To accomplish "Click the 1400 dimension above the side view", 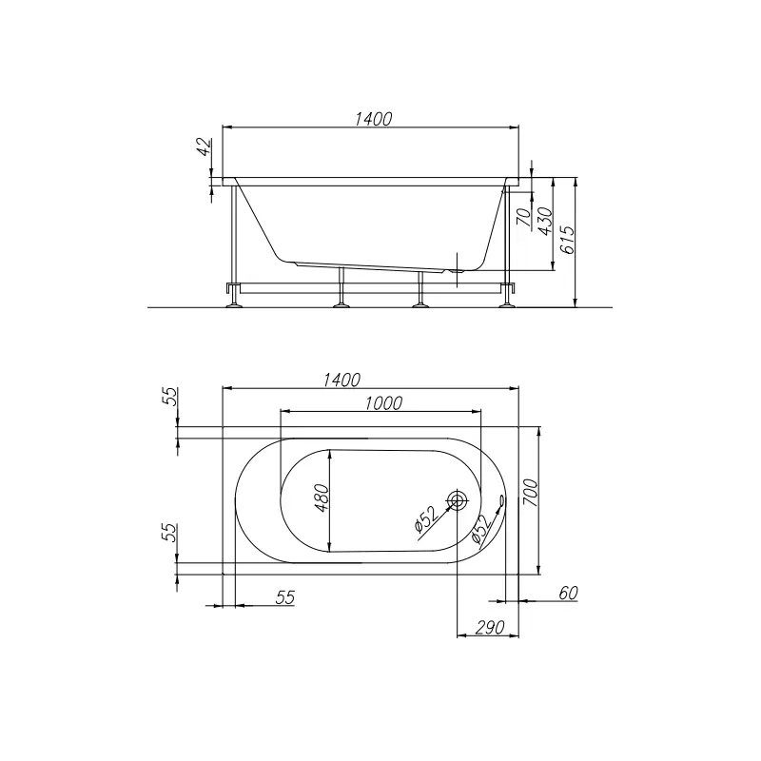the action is tap(373, 119).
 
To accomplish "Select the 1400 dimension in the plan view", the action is tap(341, 380).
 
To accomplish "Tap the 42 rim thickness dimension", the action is tap(205, 146).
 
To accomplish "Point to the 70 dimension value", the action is tap(525, 217).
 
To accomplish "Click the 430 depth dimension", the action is tap(546, 222).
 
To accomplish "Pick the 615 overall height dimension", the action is tap(567, 240).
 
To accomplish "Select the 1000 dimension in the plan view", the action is tap(383, 403).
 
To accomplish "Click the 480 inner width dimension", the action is tap(322, 498).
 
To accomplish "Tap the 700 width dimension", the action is tap(531, 493).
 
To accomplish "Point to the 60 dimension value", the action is tap(568, 593).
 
